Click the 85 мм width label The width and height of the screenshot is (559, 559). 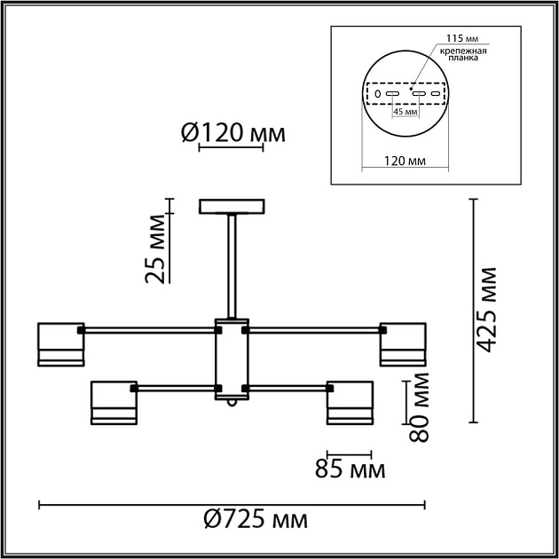click(x=350, y=468)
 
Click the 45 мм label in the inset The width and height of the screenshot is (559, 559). click(x=405, y=112)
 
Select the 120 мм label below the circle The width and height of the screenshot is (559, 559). click(x=404, y=161)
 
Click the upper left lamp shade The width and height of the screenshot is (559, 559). click(x=60, y=344)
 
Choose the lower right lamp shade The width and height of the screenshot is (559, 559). click(x=349, y=404)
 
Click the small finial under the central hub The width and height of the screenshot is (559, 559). click(x=232, y=404)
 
